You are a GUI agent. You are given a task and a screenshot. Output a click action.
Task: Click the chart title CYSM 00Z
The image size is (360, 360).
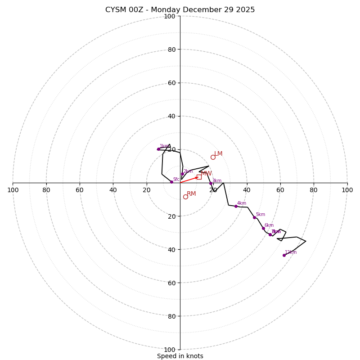(180, 10)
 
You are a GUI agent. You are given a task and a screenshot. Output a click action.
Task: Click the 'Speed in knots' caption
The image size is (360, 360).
(180, 356)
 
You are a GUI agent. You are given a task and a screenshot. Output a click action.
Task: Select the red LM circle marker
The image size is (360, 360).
(213, 157)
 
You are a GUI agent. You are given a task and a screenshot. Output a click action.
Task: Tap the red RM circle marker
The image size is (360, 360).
(185, 197)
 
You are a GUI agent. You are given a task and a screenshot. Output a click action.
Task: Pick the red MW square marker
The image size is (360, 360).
(199, 177)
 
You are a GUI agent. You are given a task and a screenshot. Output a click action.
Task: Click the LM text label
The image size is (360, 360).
(218, 154)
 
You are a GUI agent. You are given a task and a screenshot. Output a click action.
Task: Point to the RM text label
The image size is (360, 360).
(191, 194)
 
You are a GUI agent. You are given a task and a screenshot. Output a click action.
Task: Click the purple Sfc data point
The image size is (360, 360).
(171, 182)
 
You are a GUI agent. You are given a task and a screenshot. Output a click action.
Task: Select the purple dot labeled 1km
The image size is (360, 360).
(158, 149)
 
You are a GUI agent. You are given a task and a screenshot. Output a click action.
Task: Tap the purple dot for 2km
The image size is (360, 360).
(182, 174)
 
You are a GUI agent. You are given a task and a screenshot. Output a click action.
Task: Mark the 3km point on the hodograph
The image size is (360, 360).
(211, 183)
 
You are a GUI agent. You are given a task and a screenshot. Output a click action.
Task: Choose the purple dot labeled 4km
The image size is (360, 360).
(236, 206)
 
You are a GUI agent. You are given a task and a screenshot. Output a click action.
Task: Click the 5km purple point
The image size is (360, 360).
(254, 217)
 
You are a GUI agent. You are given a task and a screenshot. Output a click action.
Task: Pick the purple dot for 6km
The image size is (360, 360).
(263, 228)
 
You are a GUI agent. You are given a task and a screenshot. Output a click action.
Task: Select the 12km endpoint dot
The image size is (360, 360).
(284, 255)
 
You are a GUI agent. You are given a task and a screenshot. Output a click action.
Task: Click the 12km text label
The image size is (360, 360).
(291, 252)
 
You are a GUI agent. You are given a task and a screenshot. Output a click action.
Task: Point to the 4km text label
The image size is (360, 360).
(242, 203)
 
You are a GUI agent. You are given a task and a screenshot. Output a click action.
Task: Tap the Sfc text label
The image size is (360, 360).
(176, 179)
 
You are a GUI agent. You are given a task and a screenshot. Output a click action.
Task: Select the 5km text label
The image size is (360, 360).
(261, 215)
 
